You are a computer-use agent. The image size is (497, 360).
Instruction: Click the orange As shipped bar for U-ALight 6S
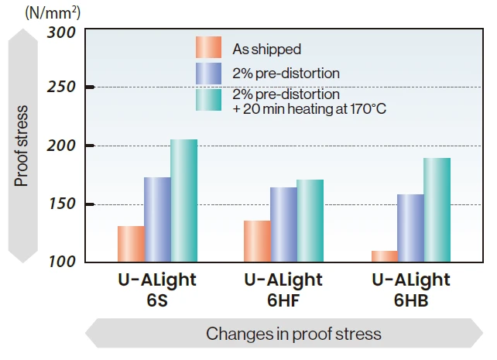(x=131, y=244)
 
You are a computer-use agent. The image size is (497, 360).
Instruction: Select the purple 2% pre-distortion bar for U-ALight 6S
(x=157, y=220)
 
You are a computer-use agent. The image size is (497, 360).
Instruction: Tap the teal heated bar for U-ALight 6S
(x=184, y=201)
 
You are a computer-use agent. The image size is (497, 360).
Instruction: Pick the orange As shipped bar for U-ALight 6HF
(x=257, y=242)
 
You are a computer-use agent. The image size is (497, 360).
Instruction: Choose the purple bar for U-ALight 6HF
(x=283, y=225)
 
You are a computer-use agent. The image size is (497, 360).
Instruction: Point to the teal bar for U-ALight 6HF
(x=310, y=221)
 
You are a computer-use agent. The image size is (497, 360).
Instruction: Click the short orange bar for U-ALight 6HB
(x=384, y=256)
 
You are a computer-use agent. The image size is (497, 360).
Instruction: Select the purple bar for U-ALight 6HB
(x=410, y=228)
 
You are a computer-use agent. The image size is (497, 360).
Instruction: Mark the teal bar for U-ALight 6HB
(x=437, y=210)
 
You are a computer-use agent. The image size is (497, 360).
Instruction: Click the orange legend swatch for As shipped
(x=209, y=48)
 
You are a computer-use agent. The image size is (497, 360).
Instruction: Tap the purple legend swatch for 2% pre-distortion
(x=209, y=74)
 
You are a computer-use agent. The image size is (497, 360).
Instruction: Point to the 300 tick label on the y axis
(x=61, y=33)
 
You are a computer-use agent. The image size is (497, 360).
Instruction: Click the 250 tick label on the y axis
(x=61, y=87)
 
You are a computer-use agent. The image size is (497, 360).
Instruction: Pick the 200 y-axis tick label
(x=61, y=146)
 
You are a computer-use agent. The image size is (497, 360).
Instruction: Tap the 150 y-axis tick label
(x=61, y=204)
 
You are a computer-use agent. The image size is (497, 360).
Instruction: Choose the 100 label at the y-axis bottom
(x=61, y=262)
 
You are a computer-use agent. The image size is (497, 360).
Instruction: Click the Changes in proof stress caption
(x=293, y=334)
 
